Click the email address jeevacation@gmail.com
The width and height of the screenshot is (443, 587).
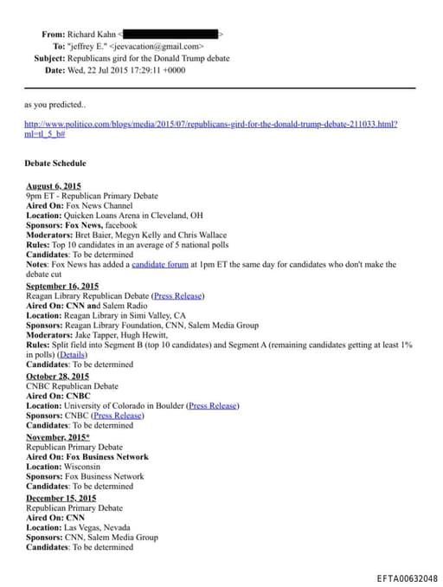point(157,46)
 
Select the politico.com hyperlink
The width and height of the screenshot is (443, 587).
point(212,124)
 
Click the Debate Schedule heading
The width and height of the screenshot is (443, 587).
point(56,163)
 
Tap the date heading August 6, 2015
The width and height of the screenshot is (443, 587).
point(54,186)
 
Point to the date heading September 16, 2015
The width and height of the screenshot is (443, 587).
point(62,286)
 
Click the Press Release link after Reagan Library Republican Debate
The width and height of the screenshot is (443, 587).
point(178,295)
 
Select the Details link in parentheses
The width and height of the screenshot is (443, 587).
point(73,354)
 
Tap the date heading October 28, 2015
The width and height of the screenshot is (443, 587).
point(57,377)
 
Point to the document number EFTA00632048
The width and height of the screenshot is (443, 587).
point(408,578)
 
